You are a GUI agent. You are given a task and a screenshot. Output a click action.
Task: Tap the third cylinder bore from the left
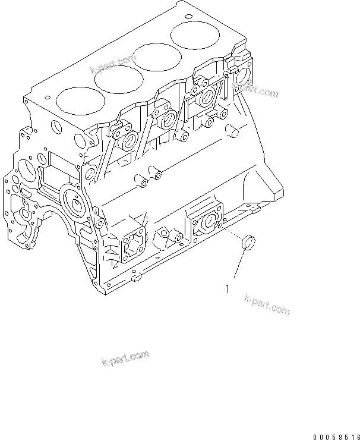156,60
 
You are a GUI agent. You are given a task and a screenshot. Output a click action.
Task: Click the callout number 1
227,290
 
